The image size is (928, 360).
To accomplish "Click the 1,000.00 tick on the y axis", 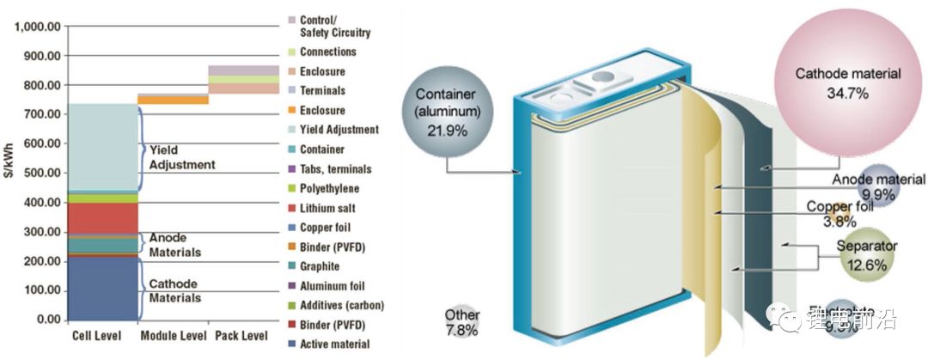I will pyautogui.click(x=36, y=27).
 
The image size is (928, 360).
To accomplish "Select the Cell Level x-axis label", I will pyautogui.click(x=95, y=335).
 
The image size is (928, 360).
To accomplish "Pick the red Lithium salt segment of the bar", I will pyautogui.click(x=101, y=218).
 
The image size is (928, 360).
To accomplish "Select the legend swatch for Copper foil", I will pyautogui.click(x=291, y=228).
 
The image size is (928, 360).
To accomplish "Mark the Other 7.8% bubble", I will pyautogui.click(x=463, y=322).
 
